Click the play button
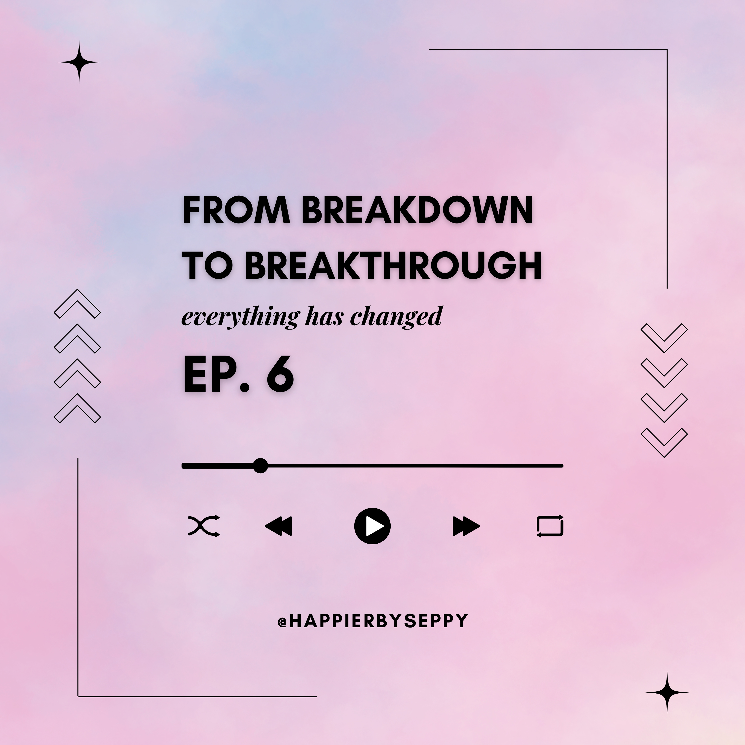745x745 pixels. (372, 526)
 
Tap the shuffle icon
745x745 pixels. (204, 526)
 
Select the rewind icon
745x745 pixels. (278, 526)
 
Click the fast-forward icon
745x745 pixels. (466, 526)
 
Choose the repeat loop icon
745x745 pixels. (550, 526)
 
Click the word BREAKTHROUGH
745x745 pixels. (393, 266)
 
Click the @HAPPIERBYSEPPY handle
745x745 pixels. (372, 621)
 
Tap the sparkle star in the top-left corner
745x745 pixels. (79, 62)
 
